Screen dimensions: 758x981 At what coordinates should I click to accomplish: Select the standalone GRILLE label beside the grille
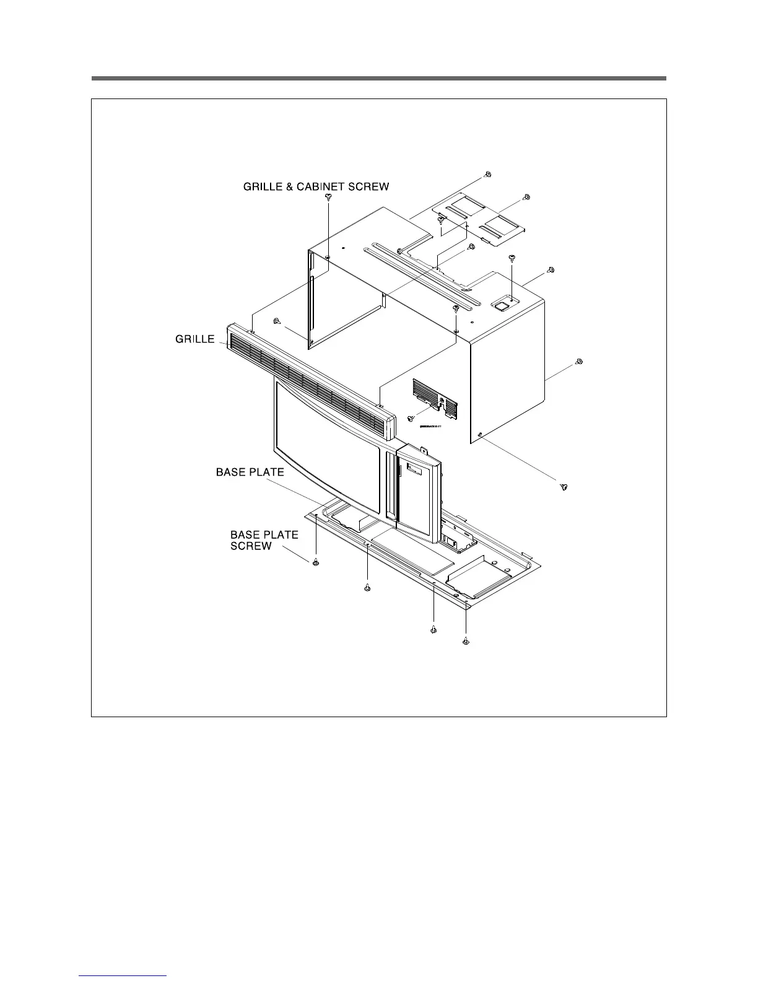(194, 339)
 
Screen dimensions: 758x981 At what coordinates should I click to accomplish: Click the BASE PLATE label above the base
(250, 472)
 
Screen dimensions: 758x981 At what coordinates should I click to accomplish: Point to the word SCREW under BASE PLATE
(251, 546)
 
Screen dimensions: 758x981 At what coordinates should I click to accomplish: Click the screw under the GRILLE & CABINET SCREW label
(328, 197)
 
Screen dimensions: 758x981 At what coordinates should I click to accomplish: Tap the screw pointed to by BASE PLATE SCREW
(315, 562)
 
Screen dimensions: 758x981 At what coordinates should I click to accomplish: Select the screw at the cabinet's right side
(578, 362)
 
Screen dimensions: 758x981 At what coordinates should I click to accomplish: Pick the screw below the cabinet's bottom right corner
(564, 487)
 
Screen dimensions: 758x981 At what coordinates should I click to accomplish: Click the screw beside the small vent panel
(411, 419)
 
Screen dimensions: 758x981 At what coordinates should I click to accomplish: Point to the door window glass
(328, 446)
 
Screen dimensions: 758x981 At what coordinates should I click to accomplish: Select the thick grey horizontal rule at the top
(378, 79)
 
